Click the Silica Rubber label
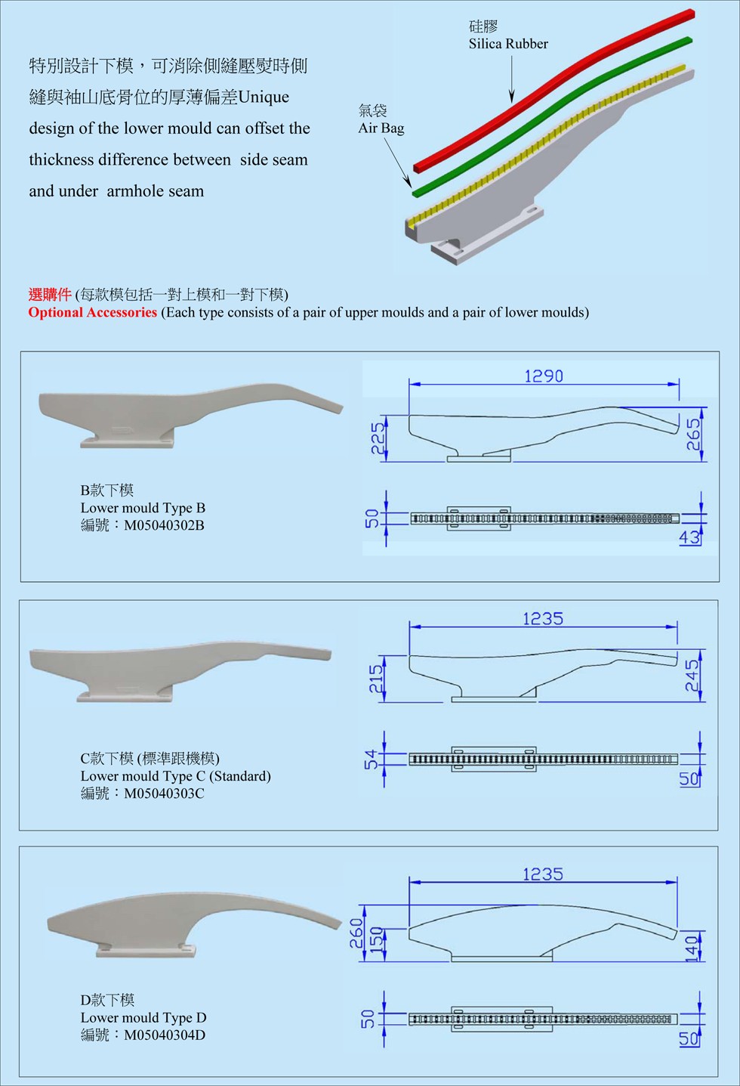(x=508, y=44)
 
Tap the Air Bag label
(x=381, y=128)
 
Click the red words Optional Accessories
(x=92, y=312)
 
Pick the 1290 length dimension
(x=544, y=376)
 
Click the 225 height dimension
(x=378, y=438)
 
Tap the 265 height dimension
(x=693, y=435)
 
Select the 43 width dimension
(x=689, y=537)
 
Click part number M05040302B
(x=164, y=525)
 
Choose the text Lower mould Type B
(x=143, y=508)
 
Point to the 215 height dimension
(x=376, y=678)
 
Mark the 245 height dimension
(x=692, y=674)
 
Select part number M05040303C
(x=164, y=794)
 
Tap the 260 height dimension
(x=356, y=933)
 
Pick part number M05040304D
(x=165, y=1035)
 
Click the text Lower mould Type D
(x=143, y=1017)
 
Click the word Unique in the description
(x=264, y=97)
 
